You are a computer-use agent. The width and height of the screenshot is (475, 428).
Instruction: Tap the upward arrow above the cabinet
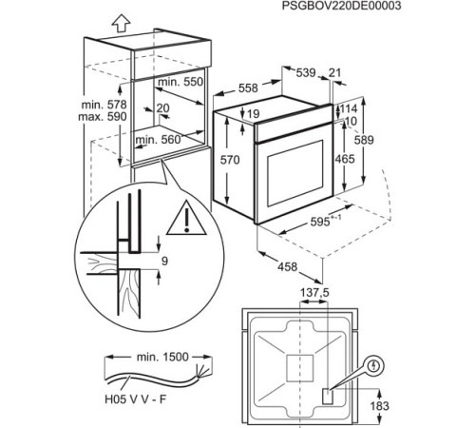tap(93, 20)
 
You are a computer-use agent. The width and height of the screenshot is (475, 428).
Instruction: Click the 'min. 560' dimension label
tap(158, 140)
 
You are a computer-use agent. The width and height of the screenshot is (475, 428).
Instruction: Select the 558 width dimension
tap(246, 87)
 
